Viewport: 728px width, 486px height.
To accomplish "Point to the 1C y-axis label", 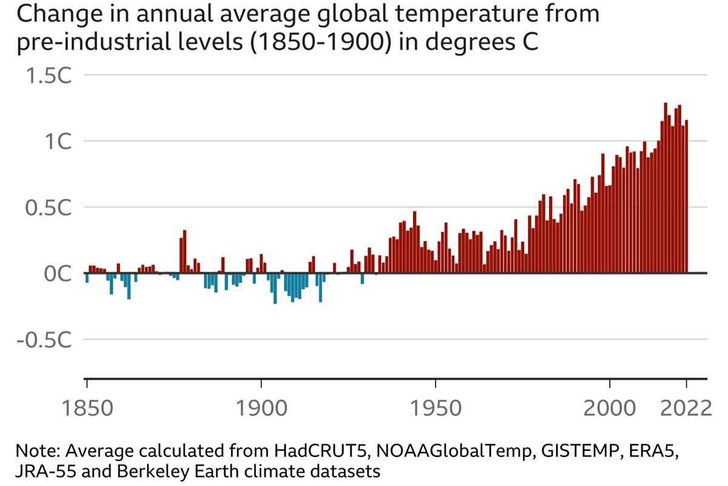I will click(54, 141).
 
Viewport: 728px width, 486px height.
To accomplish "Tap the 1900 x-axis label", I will click(261, 407).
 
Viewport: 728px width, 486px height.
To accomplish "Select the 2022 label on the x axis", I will click(686, 407).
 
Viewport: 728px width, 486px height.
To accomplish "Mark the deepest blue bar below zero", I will click(275, 288).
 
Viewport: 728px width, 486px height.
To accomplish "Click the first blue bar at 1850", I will click(87, 278).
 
